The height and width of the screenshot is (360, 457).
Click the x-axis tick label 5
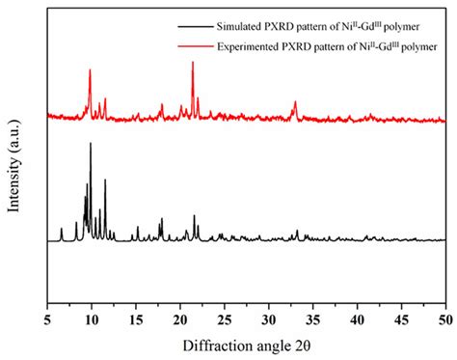(x=47, y=316)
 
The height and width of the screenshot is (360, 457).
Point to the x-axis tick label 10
(x=91, y=316)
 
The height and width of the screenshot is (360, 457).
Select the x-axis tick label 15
(x=135, y=316)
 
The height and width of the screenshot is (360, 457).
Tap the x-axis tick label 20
(x=179, y=316)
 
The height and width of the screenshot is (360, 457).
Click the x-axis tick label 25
(x=224, y=316)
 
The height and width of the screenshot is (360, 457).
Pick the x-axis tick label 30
(x=268, y=316)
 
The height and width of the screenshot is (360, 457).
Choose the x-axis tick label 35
(x=312, y=316)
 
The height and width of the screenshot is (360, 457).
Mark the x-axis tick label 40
(x=357, y=316)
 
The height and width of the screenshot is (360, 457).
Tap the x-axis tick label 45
(x=401, y=316)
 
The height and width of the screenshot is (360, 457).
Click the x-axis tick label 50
(x=444, y=316)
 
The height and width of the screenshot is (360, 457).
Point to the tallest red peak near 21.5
(x=193, y=64)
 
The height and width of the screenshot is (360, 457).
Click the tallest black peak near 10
(x=91, y=145)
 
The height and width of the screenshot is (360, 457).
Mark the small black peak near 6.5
(x=62, y=230)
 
